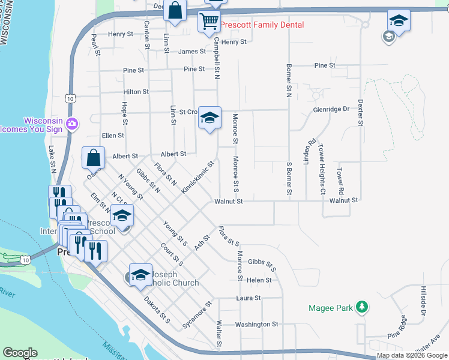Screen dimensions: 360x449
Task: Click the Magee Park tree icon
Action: [x=361, y=307]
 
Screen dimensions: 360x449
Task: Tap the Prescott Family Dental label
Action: [x=262, y=25]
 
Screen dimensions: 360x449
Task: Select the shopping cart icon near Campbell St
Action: [x=209, y=22]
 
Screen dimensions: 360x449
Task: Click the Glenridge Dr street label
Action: [x=331, y=109]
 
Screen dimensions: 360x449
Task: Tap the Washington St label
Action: [x=257, y=324]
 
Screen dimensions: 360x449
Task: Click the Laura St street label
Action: [x=249, y=298]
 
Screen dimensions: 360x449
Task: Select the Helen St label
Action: [x=259, y=280]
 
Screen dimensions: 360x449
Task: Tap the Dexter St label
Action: [x=360, y=112]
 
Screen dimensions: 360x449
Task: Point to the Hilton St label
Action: [x=136, y=92]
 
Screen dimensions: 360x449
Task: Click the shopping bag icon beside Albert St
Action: [x=94, y=158]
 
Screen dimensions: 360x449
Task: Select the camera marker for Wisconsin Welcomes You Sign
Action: [x=73, y=124]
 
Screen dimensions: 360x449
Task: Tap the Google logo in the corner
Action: [x=20, y=353]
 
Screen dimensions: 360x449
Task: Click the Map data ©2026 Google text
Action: [x=412, y=355]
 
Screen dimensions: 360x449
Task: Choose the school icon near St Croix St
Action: [x=209, y=118]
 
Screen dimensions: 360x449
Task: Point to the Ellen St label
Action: [x=113, y=136]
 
